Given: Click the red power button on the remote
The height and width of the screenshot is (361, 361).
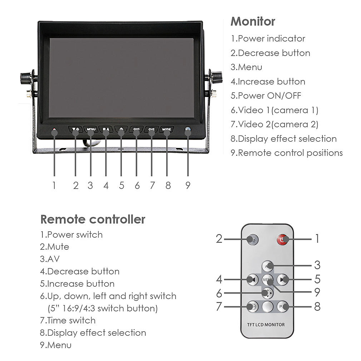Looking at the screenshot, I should click(x=283, y=239).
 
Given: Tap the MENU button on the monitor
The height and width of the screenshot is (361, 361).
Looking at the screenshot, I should click(x=91, y=129).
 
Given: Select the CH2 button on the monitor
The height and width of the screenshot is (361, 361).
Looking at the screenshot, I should click(x=152, y=129).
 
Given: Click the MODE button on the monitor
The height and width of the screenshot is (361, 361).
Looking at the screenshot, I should click(x=167, y=129).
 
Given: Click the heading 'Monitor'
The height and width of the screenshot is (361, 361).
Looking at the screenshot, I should click(x=253, y=21).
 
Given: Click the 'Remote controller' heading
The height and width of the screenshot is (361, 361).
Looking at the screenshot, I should click(x=93, y=219).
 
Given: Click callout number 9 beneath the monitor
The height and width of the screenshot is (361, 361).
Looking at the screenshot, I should click(x=188, y=186).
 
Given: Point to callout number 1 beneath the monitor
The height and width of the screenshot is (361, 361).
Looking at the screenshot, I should click(x=54, y=186).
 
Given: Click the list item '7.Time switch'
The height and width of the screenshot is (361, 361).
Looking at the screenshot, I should click(x=68, y=320).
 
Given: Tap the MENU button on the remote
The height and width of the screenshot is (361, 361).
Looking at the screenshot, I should click(x=267, y=279).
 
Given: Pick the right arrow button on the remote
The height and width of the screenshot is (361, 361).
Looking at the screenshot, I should click(x=282, y=279).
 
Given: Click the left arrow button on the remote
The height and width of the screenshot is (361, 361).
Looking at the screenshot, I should click(x=252, y=279).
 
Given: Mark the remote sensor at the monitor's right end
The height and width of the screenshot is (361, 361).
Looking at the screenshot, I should click(x=188, y=130).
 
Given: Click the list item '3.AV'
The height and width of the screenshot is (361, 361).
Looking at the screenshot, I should click(x=50, y=259).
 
